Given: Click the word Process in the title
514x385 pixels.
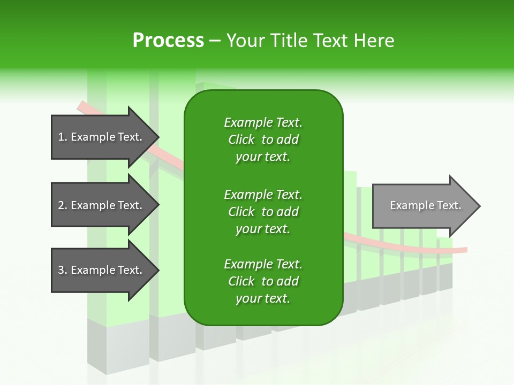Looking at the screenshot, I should click(168, 41).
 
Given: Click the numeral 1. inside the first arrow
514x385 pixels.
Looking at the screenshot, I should click(62, 137).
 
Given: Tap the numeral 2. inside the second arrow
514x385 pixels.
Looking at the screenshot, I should click(62, 205).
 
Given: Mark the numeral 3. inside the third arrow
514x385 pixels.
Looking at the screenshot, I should click(62, 270).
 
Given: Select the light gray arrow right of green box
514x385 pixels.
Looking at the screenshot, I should click(423, 205).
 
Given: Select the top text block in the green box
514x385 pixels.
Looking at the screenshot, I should click(263, 140).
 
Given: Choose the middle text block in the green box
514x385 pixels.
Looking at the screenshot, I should click(263, 212).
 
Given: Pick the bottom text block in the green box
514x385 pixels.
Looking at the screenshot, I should click(263, 281).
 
